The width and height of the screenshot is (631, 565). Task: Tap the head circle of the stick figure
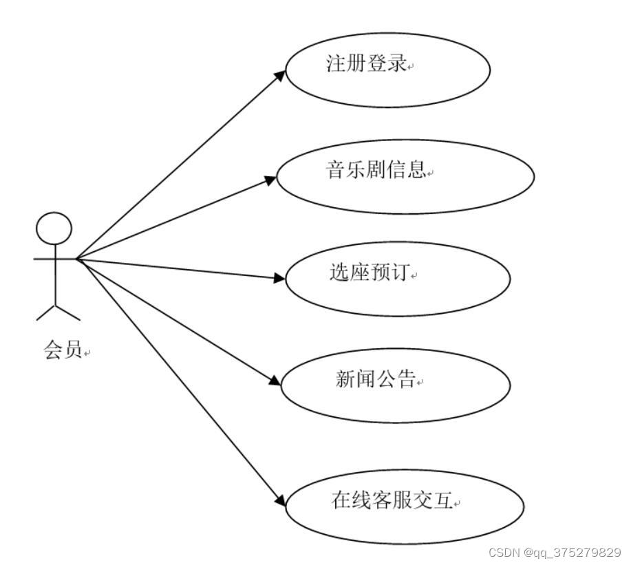pos(54,229)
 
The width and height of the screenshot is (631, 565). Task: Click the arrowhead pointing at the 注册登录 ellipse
pos(278,74)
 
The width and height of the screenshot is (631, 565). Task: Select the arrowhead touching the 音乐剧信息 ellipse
pos(269,179)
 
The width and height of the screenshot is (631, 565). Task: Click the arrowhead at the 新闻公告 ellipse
pos(274,380)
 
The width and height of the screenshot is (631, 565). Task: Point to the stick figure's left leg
pos(45,312)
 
